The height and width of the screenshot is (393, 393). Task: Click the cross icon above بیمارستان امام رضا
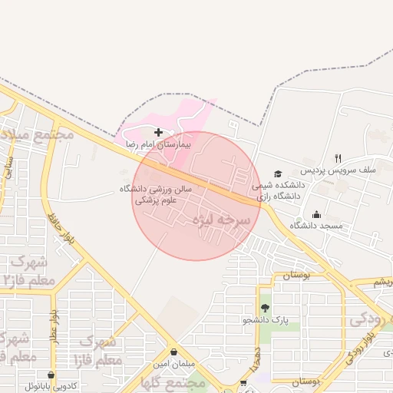(x=158, y=132)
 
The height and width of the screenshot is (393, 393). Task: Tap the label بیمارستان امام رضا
(x=162, y=144)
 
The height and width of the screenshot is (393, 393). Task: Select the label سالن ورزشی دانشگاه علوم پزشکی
(x=155, y=194)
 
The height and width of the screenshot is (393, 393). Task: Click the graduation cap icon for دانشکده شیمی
(x=278, y=174)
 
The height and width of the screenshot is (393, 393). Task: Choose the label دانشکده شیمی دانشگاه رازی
(x=279, y=191)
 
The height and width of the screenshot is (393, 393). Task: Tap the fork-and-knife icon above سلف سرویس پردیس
(x=338, y=157)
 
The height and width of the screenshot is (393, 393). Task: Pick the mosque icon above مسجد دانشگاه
(x=316, y=214)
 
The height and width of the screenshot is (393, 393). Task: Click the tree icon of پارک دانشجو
(x=266, y=307)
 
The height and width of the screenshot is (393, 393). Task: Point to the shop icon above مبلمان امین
(x=174, y=352)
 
